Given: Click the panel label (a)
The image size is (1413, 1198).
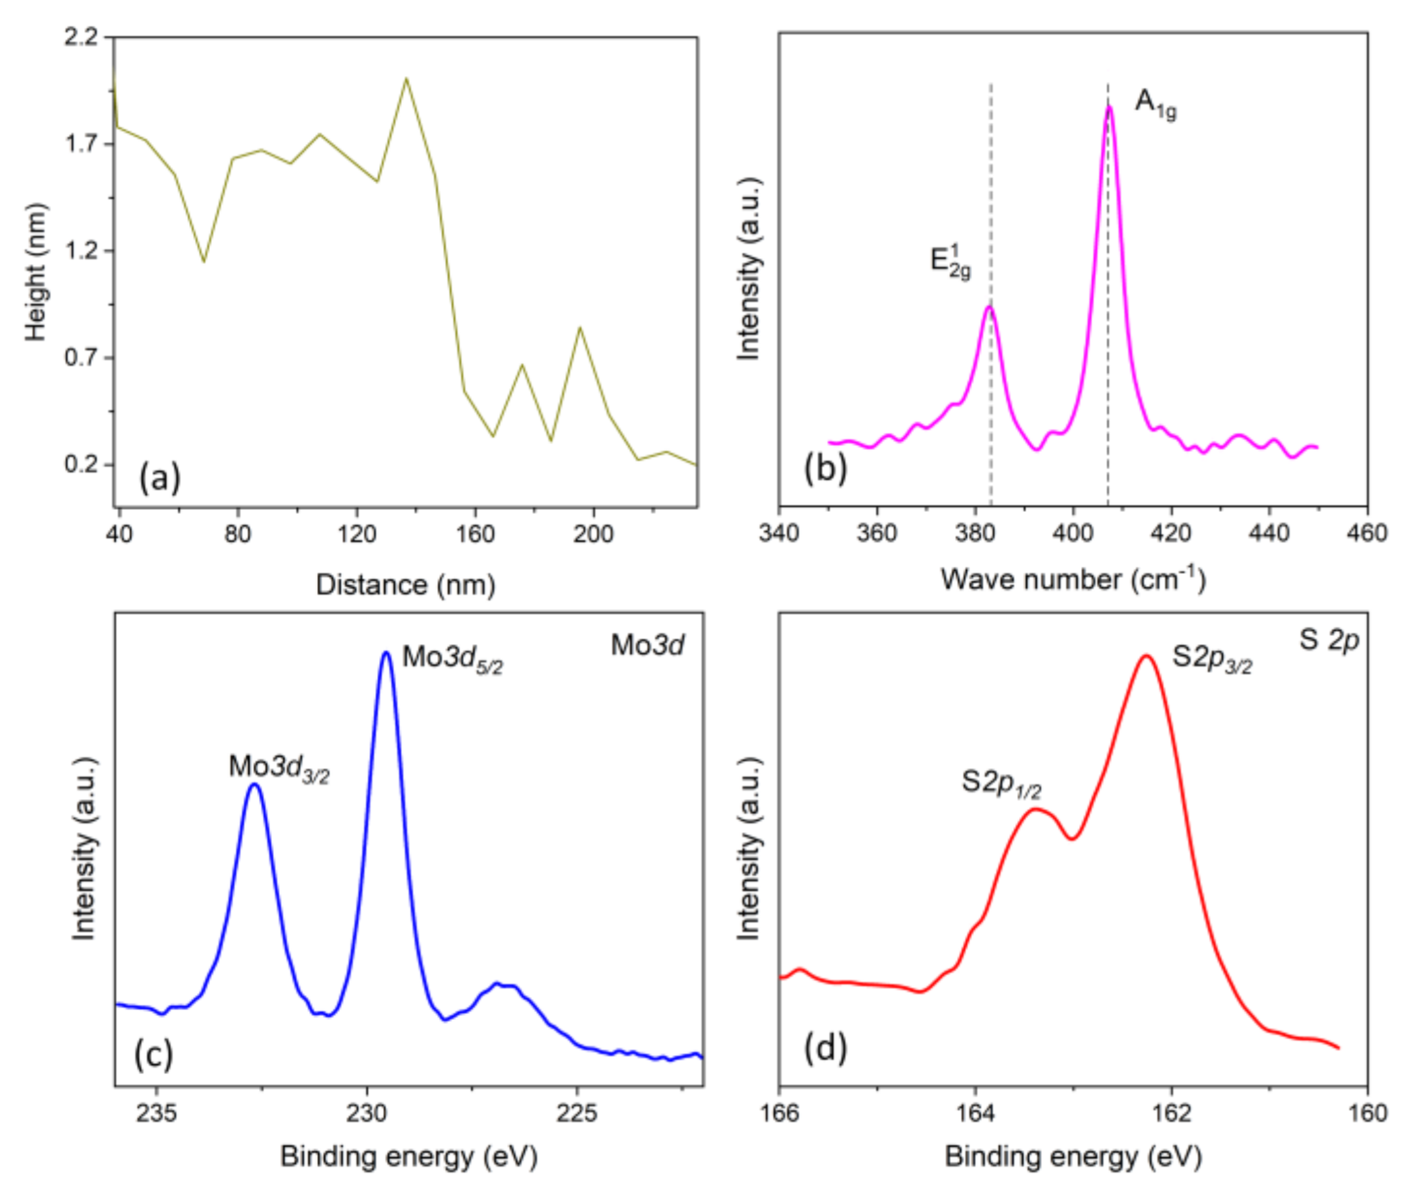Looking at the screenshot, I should click(x=160, y=477).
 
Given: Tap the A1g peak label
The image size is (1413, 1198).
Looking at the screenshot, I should click(x=1155, y=104).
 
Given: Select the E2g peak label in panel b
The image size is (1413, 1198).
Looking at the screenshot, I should click(x=950, y=263).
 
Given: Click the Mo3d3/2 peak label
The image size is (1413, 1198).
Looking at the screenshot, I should click(x=279, y=768).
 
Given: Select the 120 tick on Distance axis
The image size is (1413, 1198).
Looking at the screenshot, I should click(x=357, y=534).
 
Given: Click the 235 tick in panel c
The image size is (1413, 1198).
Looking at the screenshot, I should click(x=157, y=1114).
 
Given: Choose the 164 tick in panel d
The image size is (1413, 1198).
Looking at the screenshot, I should click(x=975, y=1114).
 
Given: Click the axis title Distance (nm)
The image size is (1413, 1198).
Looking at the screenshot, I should click(x=406, y=585).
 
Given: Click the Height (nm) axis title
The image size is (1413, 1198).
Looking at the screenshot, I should click(x=35, y=272).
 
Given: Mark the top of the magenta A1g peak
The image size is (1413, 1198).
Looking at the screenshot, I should click(x=1110, y=108).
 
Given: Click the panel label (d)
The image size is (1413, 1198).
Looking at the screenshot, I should click(x=825, y=1048).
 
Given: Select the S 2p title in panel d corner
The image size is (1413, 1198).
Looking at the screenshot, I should click(x=1329, y=640).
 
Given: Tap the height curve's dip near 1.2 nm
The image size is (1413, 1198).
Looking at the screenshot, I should click(x=203, y=261).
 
